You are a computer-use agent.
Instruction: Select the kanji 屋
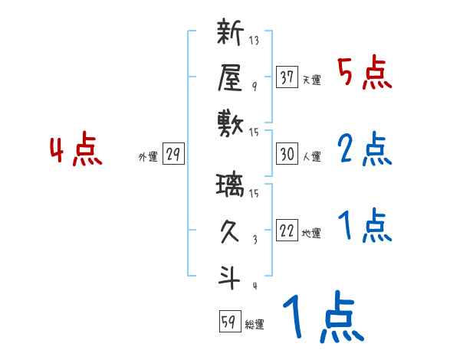coord(231,78)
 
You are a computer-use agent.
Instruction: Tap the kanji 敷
coord(231,122)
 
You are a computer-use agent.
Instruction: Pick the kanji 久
coord(231,231)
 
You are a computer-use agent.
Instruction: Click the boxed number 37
coord(287,77)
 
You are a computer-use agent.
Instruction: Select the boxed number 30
coord(287,154)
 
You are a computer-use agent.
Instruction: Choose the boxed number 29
coord(172,155)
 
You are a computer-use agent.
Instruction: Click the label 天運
coord(311,80)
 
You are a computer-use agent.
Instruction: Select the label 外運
coord(148,158)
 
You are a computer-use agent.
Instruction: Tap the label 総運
coord(255,325)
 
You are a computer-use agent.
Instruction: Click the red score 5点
coord(364,74)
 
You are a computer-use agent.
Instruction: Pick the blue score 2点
coord(364,150)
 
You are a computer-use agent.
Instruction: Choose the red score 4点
coord(77,151)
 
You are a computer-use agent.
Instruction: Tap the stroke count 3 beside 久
coord(254,238)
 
